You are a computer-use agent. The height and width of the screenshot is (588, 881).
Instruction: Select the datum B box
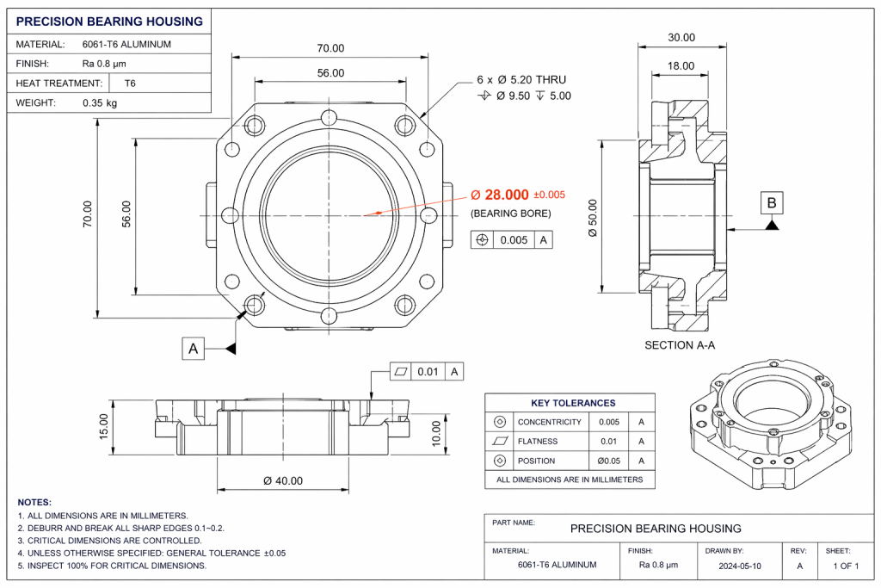tap(772, 203)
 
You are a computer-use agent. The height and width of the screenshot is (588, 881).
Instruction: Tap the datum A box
tap(194, 349)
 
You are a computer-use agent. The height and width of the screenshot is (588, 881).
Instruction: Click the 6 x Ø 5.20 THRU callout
tap(521, 79)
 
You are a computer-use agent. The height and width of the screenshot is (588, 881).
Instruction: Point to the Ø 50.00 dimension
tap(593, 220)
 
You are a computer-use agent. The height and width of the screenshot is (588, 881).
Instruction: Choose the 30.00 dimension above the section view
tap(681, 38)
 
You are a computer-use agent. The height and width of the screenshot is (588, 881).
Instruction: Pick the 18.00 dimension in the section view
tap(681, 65)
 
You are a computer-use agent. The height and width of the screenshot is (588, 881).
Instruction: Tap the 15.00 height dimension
tap(105, 426)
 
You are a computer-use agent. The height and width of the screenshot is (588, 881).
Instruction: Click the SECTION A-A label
tap(681, 345)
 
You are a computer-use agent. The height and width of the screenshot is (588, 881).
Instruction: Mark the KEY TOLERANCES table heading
tap(573, 403)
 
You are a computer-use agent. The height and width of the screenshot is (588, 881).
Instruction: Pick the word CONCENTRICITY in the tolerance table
tap(549, 423)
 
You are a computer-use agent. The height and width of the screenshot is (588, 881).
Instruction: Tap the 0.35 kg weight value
tap(100, 102)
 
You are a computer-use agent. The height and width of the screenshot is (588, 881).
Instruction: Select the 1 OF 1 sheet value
tap(846, 566)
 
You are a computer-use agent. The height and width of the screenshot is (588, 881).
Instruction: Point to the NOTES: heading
tap(34, 502)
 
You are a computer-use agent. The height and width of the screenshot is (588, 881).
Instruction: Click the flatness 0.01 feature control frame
tap(428, 372)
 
